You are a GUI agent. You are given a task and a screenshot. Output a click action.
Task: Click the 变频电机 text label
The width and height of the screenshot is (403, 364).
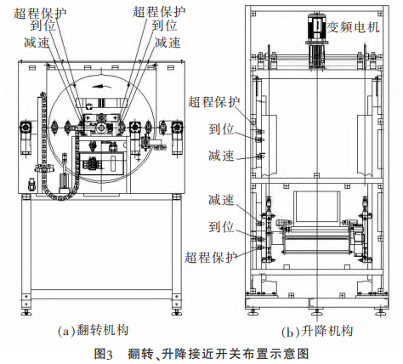point(354,27)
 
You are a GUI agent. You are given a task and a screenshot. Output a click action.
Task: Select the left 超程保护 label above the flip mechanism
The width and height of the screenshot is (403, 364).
point(40,12)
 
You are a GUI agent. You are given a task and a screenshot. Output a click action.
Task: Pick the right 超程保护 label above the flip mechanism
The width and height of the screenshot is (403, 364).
point(159,11)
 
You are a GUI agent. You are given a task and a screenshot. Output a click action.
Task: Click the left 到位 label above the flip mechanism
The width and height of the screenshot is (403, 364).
point(43,26)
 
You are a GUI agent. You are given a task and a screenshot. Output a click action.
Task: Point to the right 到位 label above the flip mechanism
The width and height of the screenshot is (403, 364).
point(164,26)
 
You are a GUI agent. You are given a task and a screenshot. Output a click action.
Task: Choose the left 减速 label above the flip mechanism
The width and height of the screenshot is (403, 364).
point(37,43)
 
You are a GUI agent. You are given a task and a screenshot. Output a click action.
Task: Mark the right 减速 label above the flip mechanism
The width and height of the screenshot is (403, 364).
point(167,43)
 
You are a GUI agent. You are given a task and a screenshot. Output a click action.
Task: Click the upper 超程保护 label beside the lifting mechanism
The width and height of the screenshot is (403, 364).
point(214,101)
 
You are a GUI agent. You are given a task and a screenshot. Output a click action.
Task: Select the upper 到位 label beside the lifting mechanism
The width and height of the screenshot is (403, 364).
point(221,129)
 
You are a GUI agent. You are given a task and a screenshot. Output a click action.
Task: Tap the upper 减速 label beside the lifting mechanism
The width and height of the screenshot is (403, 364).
point(221,156)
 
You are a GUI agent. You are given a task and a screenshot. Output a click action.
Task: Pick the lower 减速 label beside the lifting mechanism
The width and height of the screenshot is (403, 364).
point(221,200)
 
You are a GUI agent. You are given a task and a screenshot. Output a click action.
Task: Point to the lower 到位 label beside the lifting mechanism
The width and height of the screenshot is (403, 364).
point(221,227)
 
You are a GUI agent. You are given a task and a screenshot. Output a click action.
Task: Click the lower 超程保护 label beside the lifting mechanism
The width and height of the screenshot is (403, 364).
point(211,258)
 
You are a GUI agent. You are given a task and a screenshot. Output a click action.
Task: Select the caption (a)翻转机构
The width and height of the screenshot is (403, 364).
point(94,331)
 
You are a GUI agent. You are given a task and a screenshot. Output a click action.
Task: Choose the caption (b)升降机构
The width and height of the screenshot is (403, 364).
point(317,332)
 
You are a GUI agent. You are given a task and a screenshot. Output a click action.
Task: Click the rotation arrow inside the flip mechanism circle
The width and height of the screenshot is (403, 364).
point(101,86)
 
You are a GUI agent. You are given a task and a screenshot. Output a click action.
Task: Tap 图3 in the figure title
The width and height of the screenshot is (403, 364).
point(104,354)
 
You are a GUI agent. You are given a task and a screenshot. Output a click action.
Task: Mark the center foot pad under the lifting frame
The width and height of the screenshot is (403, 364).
point(317,313)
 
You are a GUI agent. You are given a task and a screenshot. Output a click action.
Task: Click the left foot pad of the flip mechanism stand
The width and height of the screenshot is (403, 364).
point(26,313)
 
